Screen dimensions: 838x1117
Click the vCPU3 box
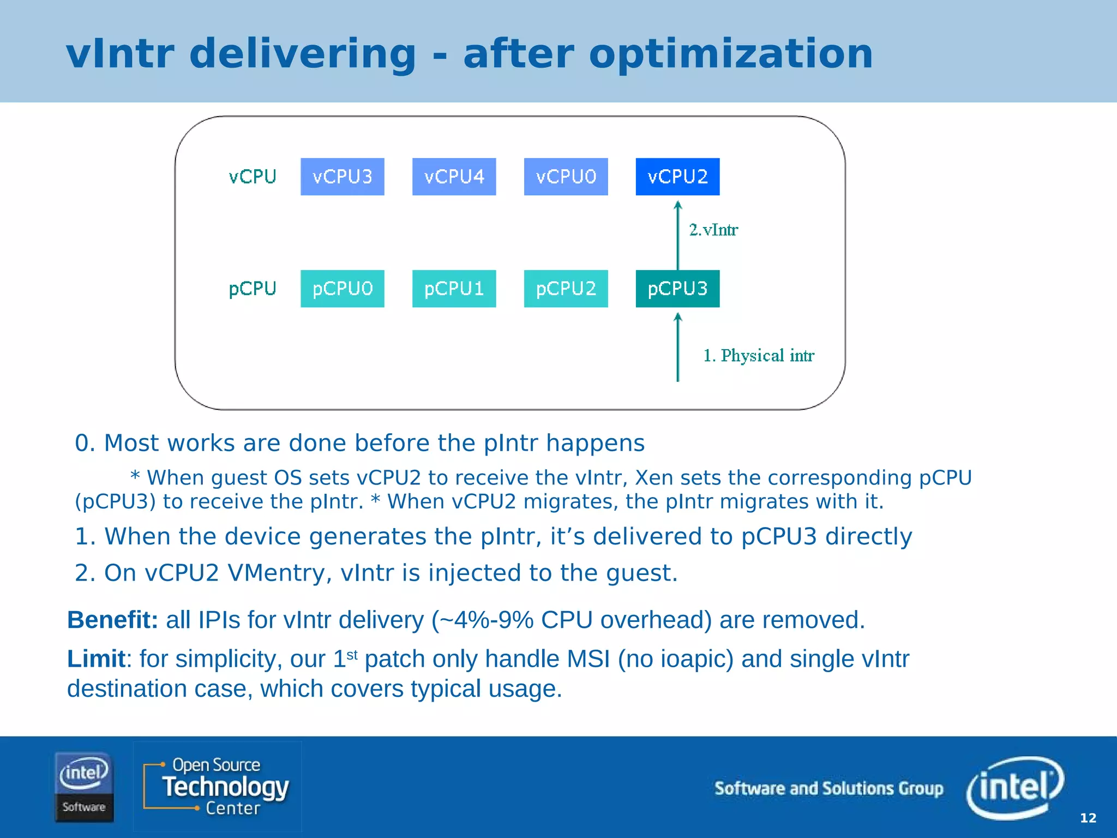[342, 177]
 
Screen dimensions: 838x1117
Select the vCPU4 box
[454, 177]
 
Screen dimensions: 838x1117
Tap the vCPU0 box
[566, 177]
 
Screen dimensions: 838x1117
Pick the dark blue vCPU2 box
[677, 177]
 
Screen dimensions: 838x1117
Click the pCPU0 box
[342, 289]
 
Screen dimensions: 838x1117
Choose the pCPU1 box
[454, 289]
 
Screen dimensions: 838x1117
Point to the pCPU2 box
[566, 289]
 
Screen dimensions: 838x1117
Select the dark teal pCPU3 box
[677, 289]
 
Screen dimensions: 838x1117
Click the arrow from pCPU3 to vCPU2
[678, 236]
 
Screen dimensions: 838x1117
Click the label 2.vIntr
[713, 230]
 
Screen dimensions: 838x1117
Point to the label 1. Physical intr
[758, 356]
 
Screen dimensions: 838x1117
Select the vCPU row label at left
[253, 177]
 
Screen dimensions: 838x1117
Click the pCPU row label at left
[253, 289]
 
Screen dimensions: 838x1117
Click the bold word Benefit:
[112, 620]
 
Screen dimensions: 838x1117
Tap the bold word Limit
[96, 659]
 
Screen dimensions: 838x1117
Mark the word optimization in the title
[731, 54]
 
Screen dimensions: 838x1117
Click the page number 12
[1088, 818]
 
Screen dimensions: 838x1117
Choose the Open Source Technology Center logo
[217, 786]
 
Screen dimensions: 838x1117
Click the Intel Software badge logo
[83, 786]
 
